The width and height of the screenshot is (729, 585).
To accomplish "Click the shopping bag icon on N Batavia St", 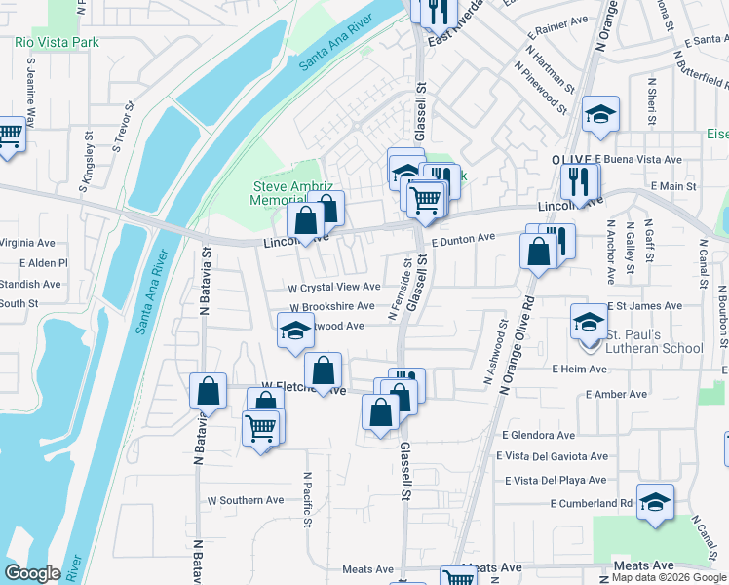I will (209, 392).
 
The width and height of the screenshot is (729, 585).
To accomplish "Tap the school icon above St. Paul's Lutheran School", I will (589, 321).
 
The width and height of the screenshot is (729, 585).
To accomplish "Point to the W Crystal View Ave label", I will (334, 287).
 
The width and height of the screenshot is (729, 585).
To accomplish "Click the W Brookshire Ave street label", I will (331, 306).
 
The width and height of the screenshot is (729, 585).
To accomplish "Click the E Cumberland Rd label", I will (591, 504).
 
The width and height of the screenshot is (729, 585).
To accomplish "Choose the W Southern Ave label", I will (246, 500).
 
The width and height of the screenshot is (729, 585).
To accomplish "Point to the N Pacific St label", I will (307, 499).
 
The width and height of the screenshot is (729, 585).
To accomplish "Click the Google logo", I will (32, 573).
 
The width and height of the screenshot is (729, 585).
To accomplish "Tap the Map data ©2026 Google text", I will (670, 576).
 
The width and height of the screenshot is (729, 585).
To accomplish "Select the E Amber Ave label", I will (616, 394).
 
